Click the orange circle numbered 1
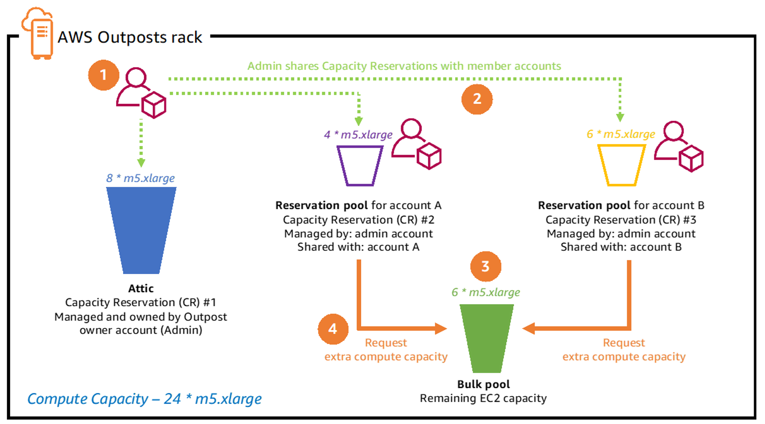[103, 75]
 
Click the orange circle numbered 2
[477, 99]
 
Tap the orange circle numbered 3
[486, 266]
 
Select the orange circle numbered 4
[333, 329]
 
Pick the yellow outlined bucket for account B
[621, 166]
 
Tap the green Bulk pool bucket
[486, 338]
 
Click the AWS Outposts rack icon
[39, 33]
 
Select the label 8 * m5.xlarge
[140, 178]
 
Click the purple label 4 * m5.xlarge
[358, 135]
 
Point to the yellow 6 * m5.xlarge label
[621, 134]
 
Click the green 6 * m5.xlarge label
[486, 292]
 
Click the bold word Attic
[141, 288]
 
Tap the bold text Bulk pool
[483, 384]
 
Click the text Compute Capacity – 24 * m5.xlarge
[144, 399]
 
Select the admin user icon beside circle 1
[140, 93]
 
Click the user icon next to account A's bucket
[416, 144]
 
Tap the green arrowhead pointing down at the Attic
[141, 162]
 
